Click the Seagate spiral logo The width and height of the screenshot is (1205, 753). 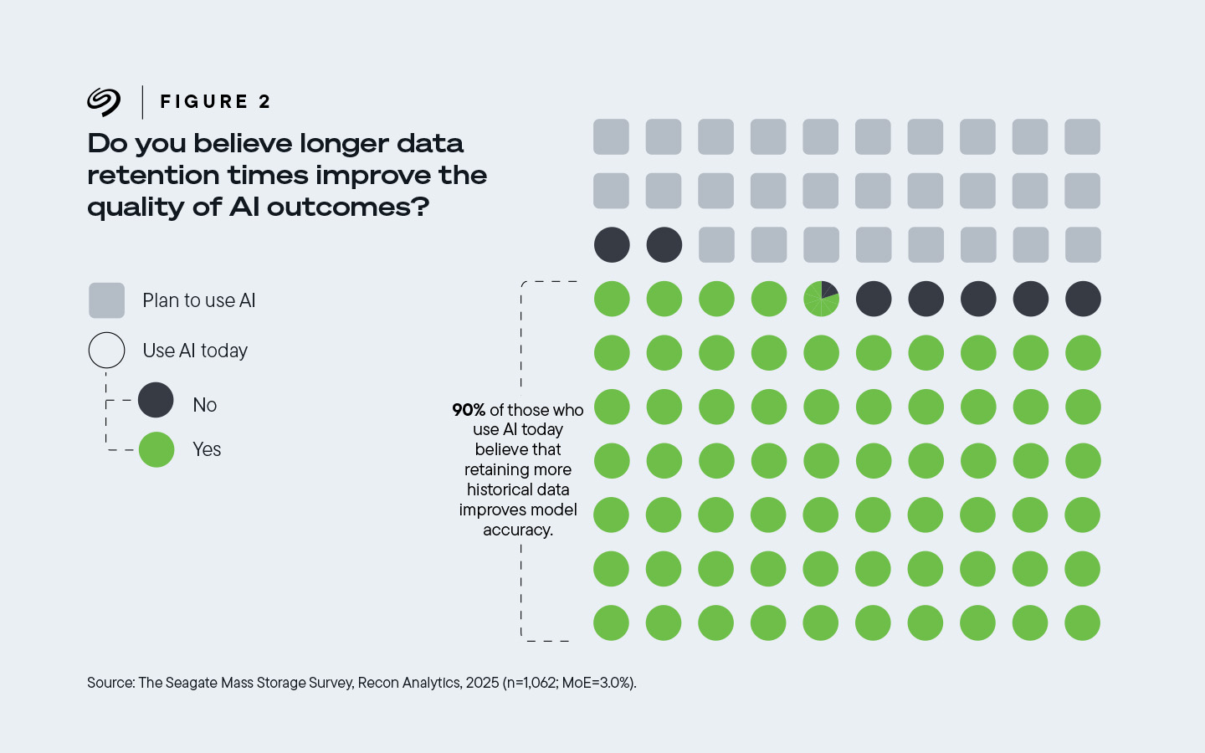pos(104,102)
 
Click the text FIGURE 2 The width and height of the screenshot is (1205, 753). pos(215,102)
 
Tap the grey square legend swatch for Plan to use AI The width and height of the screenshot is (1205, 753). pos(106,300)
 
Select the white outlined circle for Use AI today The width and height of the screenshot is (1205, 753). pos(106,351)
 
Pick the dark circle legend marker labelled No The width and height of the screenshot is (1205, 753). pos(156,400)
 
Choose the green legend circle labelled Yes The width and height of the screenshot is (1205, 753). pos(156,449)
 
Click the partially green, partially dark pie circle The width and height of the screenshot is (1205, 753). pos(821,299)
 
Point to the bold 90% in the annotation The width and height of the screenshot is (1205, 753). pos(469,410)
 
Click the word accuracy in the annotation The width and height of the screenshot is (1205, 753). pos(517,530)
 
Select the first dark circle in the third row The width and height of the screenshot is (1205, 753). pos(612,245)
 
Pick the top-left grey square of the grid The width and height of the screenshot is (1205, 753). pos(611,137)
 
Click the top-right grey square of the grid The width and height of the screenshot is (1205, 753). pos(1082,137)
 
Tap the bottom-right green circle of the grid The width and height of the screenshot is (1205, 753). pos(1082,623)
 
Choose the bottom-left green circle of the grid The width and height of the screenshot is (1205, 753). pos(611,623)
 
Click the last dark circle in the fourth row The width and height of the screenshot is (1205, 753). pos(1083,299)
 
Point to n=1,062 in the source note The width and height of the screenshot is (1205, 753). pos(532,683)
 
